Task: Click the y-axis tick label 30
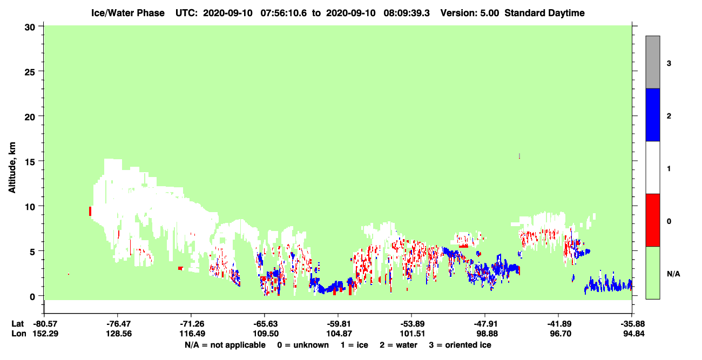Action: coord(30,28)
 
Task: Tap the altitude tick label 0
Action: coord(32,297)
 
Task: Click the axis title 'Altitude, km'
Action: coord(12,168)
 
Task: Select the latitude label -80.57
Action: coord(45,324)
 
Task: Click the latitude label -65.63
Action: coord(266,324)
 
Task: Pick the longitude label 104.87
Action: coord(339,334)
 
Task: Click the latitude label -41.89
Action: coord(559,324)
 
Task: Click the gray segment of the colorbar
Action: coord(652,62)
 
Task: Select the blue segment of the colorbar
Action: coord(652,114)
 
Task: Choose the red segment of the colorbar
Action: coord(652,220)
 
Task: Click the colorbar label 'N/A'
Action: coord(673,274)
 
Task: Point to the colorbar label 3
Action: coord(669,64)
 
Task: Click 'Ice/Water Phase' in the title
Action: coord(128,13)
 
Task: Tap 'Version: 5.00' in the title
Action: coord(469,13)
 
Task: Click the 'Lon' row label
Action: coord(19,334)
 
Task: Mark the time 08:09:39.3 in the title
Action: coord(407,13)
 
